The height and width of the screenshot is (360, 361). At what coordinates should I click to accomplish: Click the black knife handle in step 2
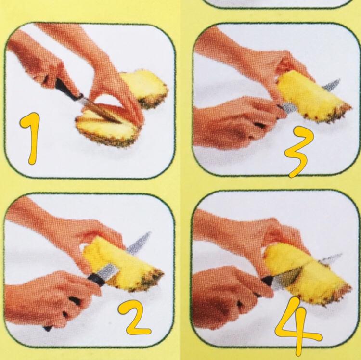pos(97,279)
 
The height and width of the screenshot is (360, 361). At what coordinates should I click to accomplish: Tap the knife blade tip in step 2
pos(150,232)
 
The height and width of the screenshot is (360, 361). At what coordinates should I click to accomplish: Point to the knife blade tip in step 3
pos(339,80)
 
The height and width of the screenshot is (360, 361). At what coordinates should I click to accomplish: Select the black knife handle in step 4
pos(268,280)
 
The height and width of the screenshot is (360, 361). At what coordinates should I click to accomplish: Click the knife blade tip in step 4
pos(341,255)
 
